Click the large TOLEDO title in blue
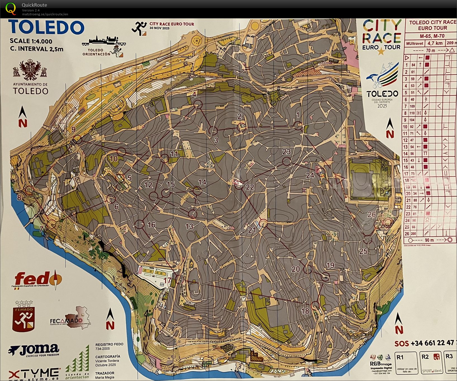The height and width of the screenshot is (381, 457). [x=47, y=27]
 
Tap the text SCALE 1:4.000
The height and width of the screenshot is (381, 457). [x=31, y=41]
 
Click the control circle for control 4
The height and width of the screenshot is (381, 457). [x=198, y=105]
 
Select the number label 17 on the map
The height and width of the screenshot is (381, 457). [x=168, y=280]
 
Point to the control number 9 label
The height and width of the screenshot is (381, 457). [x=73, y=129]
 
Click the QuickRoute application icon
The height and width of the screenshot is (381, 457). [x=11, y=8]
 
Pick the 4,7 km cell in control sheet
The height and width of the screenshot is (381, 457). [x=435, y=43]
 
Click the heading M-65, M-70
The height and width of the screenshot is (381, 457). [x=432, y=36]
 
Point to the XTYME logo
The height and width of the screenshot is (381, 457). [x=34, y=373]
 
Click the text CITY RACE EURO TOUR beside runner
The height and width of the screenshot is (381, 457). [x=171, y=24]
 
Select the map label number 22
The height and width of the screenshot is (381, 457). [x=250, y=187]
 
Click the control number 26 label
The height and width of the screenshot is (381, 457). [x=371, y=214]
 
